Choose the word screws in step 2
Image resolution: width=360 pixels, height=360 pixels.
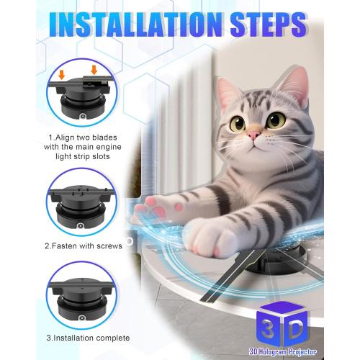pyautogui.click(x=107, y=246)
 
